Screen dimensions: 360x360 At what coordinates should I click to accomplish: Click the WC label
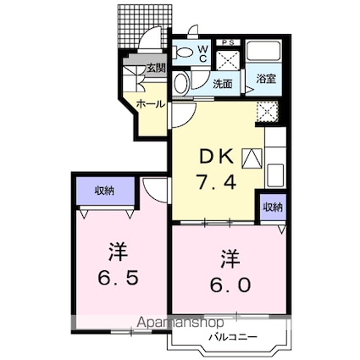click(203, 53)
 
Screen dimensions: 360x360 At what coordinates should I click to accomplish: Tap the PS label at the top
click(228, 42)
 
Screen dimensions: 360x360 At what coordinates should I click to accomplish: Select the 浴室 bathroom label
click(265, 79)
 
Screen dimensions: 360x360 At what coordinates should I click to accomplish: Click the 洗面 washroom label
click(223, 84)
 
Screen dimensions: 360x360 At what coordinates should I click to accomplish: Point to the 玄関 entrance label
click(156, 69)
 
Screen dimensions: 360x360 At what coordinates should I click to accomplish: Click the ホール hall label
click(151, 104)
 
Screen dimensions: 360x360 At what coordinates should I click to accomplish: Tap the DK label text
click(217, 157)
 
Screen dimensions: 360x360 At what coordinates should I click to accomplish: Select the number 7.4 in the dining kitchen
click(216, 182)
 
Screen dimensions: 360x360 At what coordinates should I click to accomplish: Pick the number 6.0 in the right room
click(230, 285)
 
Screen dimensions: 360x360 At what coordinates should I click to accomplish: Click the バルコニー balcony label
click(233, 337)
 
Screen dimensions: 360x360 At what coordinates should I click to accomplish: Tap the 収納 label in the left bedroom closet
click(104, 191)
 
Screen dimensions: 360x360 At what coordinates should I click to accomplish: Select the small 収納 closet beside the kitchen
click(273, 208)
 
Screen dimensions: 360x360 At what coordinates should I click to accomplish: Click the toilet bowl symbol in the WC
click(183, 53)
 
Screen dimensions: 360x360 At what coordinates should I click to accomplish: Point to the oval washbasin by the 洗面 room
click(180, 83)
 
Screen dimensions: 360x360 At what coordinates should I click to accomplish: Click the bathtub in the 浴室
click(263, 51)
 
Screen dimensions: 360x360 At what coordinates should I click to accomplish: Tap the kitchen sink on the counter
click(275, 174)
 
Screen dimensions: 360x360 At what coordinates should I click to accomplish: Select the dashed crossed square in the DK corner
click(268, 112)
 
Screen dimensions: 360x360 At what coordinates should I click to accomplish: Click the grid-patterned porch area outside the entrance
click(145, 26)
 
